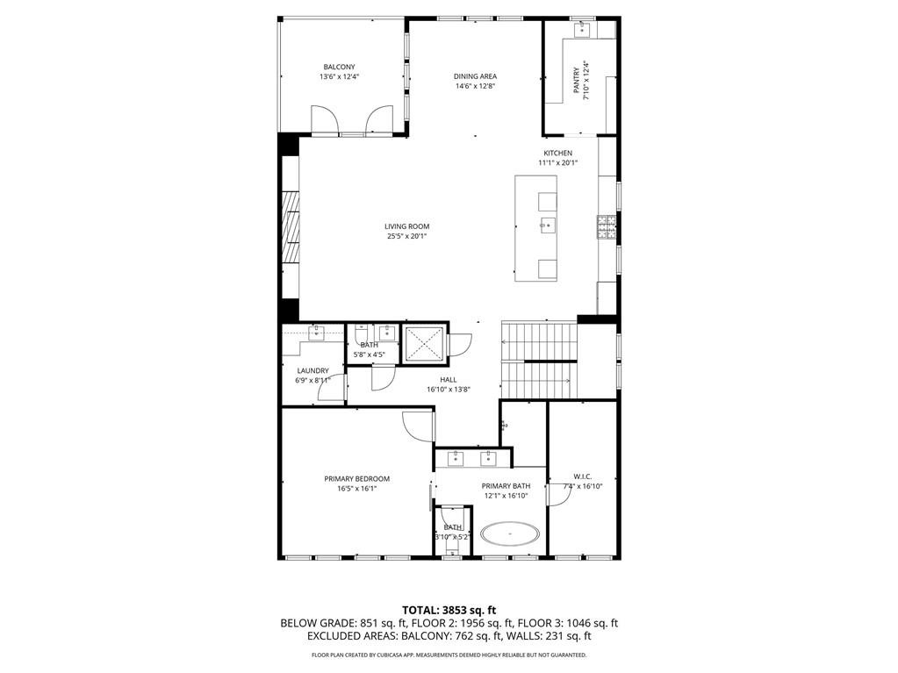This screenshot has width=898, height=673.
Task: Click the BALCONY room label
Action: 339,67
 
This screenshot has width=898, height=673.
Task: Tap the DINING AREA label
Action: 475,76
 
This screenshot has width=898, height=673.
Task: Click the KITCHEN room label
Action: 557,153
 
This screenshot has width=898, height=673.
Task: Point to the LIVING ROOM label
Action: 407,226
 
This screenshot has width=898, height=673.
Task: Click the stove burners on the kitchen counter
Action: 606,227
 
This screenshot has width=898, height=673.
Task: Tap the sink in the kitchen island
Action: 548,226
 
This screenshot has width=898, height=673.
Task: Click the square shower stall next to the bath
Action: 424,344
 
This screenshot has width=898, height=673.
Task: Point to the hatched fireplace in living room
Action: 291,226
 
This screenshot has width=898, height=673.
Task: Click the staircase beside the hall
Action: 539,360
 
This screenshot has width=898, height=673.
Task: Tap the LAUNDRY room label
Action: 313,370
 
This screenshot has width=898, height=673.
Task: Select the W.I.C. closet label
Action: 583,477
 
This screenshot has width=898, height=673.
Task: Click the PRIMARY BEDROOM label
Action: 356,479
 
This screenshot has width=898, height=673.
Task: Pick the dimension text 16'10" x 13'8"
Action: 449,390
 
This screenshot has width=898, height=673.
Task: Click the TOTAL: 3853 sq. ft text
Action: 449,610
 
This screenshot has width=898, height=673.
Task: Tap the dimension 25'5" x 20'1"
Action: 407,236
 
